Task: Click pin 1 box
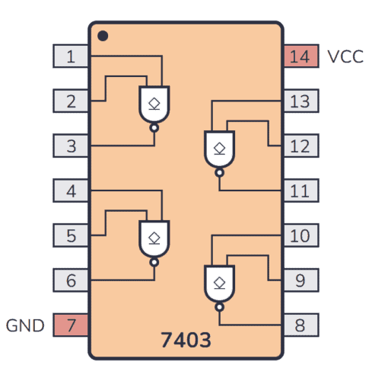coord(71,56)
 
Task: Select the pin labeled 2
coord(71,101)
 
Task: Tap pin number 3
coord(71,146)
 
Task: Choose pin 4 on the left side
coord(71,190)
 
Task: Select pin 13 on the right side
coord(300,101)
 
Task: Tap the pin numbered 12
coord(300,146)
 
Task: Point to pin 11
coord(300,190)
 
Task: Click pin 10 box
coord(300,235)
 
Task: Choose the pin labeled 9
coord(300,280)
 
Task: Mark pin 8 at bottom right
coord(300,325)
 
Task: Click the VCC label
coord(345,56)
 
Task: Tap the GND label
coord(26,325)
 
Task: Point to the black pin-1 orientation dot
coord(103,36)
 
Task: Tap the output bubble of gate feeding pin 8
coord(219,307)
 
